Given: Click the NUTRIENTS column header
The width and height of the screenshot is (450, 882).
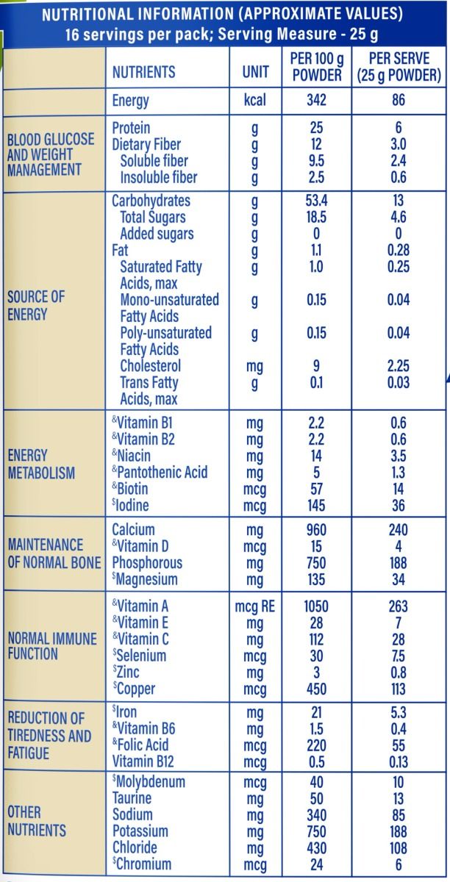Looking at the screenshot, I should (143, 71).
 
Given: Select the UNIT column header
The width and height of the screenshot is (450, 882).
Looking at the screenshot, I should (255, 71).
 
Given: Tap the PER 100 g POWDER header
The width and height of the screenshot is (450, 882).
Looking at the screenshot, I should (316, 67).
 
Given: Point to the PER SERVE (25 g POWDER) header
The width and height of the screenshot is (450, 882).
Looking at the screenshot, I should (399, 67).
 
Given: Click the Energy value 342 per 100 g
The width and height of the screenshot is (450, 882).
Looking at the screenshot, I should (316, 101).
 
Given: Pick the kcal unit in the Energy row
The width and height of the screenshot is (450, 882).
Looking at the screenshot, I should (254, 101).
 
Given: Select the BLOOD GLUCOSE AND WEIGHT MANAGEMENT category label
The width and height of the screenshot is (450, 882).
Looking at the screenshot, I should (51, 154).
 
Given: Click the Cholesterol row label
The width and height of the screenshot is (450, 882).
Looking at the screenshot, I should (150, 366).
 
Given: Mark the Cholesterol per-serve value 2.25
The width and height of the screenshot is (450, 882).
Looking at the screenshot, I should (399, 366).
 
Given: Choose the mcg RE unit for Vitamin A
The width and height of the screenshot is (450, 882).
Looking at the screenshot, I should (254, 606).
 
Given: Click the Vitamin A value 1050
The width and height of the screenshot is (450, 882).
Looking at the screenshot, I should (316, 606).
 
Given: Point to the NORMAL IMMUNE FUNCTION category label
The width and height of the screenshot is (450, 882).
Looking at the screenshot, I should (52, 646).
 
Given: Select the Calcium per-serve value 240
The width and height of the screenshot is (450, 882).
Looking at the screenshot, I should (399, 530).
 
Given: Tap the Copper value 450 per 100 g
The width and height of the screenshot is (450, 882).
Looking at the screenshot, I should (316, 689).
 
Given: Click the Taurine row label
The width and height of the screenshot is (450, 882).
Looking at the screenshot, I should (132, 798).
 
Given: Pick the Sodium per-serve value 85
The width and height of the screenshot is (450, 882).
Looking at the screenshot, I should (399, 814).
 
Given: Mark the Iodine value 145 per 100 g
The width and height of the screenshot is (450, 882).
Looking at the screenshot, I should (316, 506).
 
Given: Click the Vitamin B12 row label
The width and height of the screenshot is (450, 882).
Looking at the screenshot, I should (144, 761).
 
